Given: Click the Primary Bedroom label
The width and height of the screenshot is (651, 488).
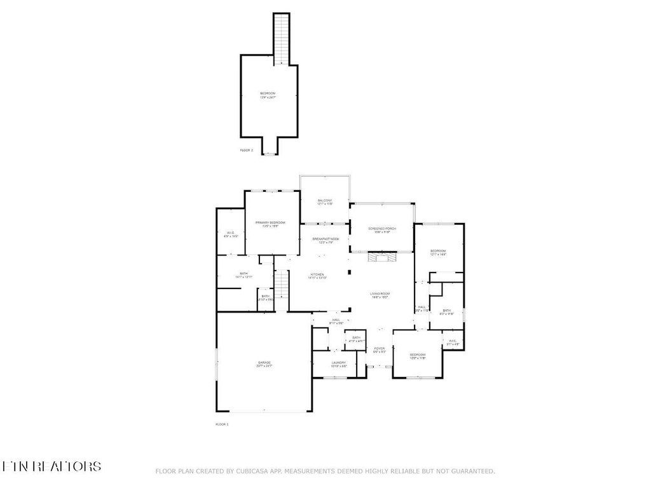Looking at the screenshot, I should point(270,224).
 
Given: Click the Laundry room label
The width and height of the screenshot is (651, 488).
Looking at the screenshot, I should point(338,364).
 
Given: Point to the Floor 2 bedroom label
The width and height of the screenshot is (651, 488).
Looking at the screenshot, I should point(268,95).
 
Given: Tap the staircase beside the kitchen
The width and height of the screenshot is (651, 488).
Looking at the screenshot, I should point(282,290).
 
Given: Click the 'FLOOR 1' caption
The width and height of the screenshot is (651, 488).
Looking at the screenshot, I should point(222,424).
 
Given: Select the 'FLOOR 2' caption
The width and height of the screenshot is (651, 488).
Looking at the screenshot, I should point(247,151).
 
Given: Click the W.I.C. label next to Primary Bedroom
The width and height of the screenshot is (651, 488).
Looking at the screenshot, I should point(230,234).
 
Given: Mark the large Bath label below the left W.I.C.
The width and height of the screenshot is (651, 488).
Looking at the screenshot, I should point(226,275).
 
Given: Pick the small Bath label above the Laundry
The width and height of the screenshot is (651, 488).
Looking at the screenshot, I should point(356,339).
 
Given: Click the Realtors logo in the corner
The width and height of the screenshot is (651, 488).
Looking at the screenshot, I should point(51,466).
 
